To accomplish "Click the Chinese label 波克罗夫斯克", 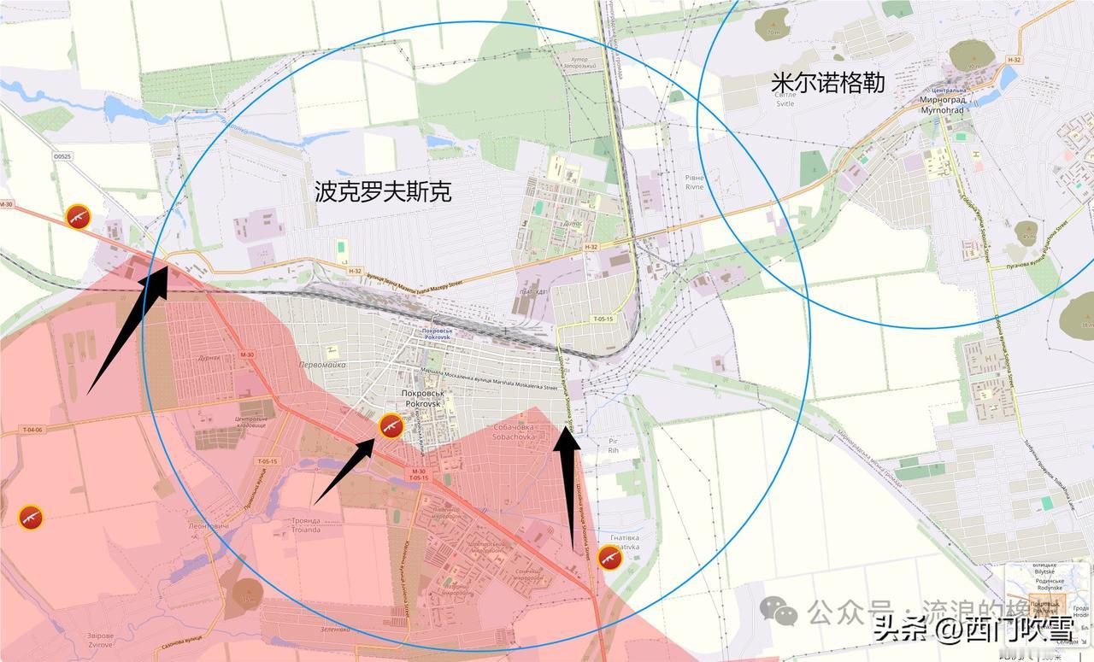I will (383, 191).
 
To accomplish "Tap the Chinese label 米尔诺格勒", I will (827, 83).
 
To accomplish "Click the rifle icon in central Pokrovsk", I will (391, 426).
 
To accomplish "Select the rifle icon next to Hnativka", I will (609, 557).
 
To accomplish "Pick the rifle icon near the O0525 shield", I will (79, 217).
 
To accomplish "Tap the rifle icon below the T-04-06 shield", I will (31, 517).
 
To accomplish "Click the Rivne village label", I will (694, 183).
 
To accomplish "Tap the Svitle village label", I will (785, 99).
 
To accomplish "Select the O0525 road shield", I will (62, 157).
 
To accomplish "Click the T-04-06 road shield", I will (32, 430).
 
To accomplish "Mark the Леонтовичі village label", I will (211, 525).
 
